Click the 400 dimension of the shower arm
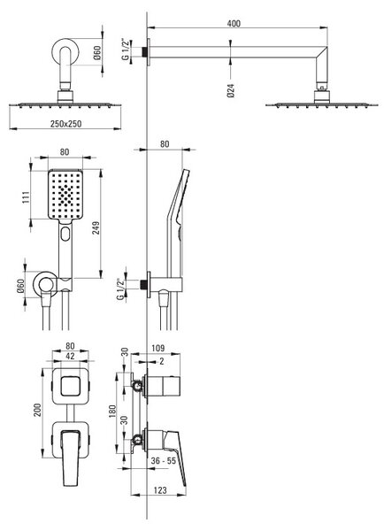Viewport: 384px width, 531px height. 234,23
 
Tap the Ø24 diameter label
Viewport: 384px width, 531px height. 231,90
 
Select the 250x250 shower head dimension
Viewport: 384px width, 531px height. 66,124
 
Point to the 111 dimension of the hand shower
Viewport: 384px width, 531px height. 26,197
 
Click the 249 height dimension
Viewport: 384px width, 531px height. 96,228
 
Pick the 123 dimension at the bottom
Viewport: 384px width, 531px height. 160,490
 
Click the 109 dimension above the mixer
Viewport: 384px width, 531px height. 158,348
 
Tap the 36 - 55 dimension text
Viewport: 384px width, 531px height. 164,460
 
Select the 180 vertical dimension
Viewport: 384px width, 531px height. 112,412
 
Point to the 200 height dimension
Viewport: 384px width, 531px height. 37,410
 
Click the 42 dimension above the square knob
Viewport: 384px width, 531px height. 70,356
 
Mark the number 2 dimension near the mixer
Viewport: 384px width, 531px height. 162,361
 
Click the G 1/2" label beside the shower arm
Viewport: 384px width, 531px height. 126,50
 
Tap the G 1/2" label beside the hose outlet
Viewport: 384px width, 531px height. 120,289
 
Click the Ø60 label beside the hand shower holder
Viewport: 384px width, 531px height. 20,286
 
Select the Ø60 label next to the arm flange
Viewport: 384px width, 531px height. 97,53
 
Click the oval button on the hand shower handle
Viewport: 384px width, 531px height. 65,234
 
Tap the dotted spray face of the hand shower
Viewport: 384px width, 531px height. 65,194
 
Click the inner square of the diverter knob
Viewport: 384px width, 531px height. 70,386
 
